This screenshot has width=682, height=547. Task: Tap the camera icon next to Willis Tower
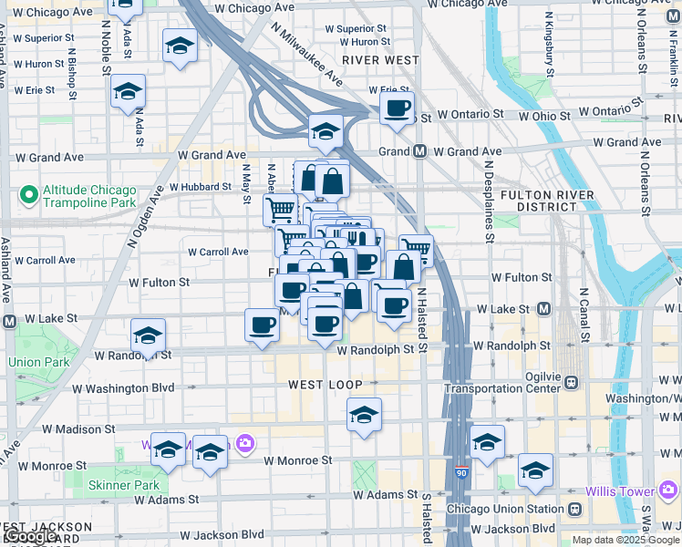coord(667,492)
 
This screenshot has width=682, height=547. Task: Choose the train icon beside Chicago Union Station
coord(575,509)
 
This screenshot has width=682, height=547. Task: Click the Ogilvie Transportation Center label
coord(500,382)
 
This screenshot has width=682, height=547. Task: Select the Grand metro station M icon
coord(420,151)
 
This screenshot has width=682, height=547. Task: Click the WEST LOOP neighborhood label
coord(325,385)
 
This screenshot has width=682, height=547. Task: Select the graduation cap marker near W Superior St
coord(180,46)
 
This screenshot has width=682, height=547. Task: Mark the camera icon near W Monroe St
coord(244,444)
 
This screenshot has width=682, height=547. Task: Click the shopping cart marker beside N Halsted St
coord(416,249)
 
